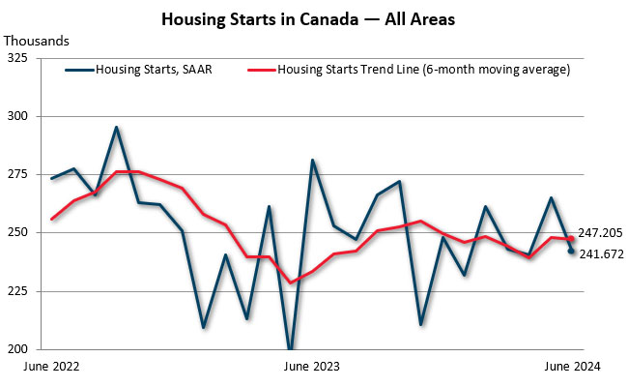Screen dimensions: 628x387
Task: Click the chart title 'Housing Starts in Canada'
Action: click(260, 19)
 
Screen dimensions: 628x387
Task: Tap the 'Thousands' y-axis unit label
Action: click(37, 41)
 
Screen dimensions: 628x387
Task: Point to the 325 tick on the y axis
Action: click(17, 58)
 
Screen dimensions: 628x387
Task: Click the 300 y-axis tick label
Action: click(17, 116)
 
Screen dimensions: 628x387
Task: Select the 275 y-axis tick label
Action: click(17, 174)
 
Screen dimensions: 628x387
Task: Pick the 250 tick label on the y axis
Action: click(17, 232)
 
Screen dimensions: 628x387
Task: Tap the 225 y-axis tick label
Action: click(17, 291)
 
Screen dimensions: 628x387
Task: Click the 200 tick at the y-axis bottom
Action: click(17, 349)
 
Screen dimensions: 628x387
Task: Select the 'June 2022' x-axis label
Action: click(51, 366)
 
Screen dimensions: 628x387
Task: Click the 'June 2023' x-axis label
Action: click(312, 366)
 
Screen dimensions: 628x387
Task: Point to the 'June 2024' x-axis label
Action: click(572, 366)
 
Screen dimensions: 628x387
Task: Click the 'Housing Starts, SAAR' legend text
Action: click(154, 70)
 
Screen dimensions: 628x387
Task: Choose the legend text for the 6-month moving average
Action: click(424, 70)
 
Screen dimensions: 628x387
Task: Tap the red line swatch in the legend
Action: click(262, 70)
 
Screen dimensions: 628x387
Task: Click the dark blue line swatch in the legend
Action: click(79, 70)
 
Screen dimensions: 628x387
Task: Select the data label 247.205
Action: click(600, 233)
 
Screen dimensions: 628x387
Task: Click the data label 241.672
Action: click(602, 253)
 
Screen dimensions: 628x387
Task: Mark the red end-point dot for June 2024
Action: click(571, 239)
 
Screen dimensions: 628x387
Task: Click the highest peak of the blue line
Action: click(116, 127)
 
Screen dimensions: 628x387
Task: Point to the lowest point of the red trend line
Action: click(290, 283)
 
